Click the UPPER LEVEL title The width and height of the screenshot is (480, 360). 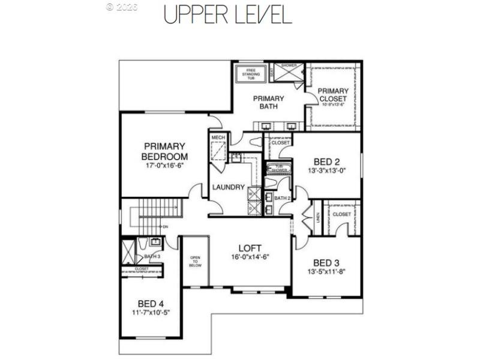[228, 14]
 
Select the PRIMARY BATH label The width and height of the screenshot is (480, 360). [268, 103]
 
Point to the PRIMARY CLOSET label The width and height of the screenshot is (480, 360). [332, 95]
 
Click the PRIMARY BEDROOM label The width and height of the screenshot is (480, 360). [164, 151]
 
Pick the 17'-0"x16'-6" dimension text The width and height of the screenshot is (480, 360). [164, 165]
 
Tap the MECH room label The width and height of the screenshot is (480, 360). [217, 137]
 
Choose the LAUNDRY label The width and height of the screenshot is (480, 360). [228, 187]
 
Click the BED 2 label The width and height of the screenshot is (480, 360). [327, 161]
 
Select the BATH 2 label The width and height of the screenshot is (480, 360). [281, 197]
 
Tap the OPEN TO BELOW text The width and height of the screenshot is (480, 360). [195, 261]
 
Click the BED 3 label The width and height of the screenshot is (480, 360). [326, 262]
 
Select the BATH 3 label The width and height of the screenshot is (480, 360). [152, 256]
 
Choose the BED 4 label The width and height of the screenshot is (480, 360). [151, 304]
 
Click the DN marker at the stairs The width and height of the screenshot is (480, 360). [166, 227]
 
